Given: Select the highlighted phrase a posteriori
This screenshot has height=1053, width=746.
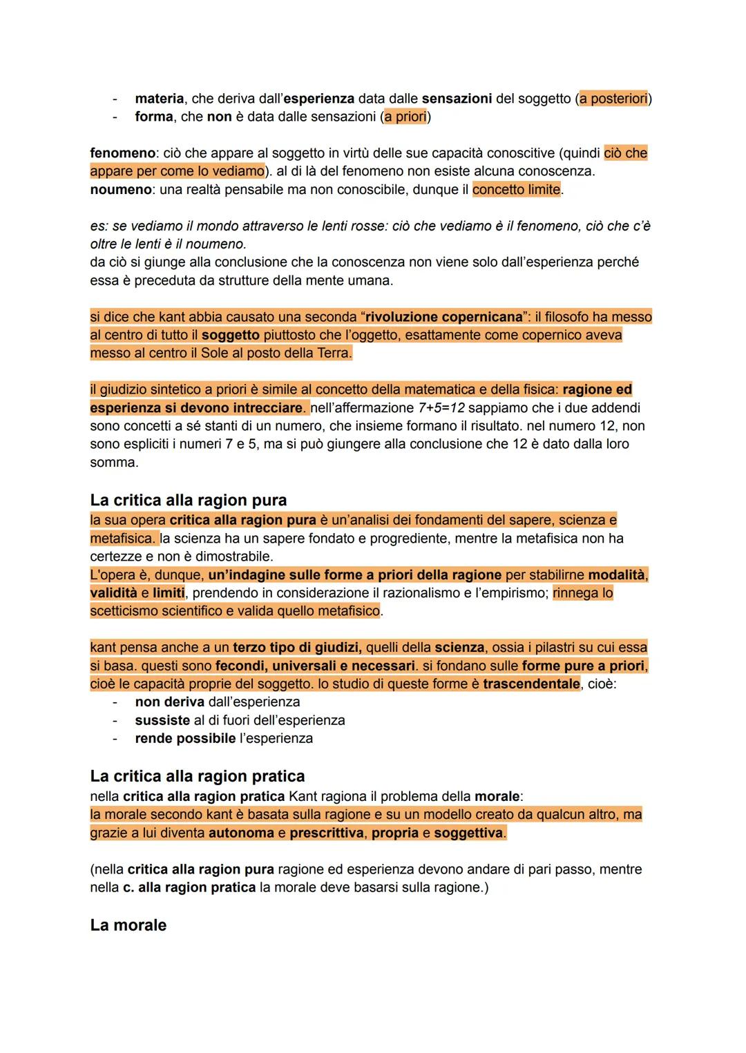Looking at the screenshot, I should (613, 99).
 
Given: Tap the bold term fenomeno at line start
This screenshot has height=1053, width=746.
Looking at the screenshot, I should (122, 153).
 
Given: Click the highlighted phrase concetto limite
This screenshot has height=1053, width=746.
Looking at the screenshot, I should (516, 189).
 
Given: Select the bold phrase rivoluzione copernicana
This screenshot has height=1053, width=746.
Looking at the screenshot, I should (443, 317).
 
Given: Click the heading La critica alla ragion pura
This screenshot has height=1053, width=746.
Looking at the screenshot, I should (188, 500).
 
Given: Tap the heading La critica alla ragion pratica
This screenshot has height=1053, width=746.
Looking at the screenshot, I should (197, 776).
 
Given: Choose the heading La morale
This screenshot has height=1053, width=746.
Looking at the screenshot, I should (128, 925).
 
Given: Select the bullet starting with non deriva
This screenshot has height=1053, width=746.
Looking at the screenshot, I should (217, 702).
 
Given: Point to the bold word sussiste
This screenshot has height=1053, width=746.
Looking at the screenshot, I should (162, 720).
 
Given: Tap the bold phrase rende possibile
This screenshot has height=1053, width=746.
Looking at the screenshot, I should (185, 738).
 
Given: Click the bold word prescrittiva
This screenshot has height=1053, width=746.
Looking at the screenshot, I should (326, 833).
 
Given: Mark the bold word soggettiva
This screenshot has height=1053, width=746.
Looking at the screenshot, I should (468, 833).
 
